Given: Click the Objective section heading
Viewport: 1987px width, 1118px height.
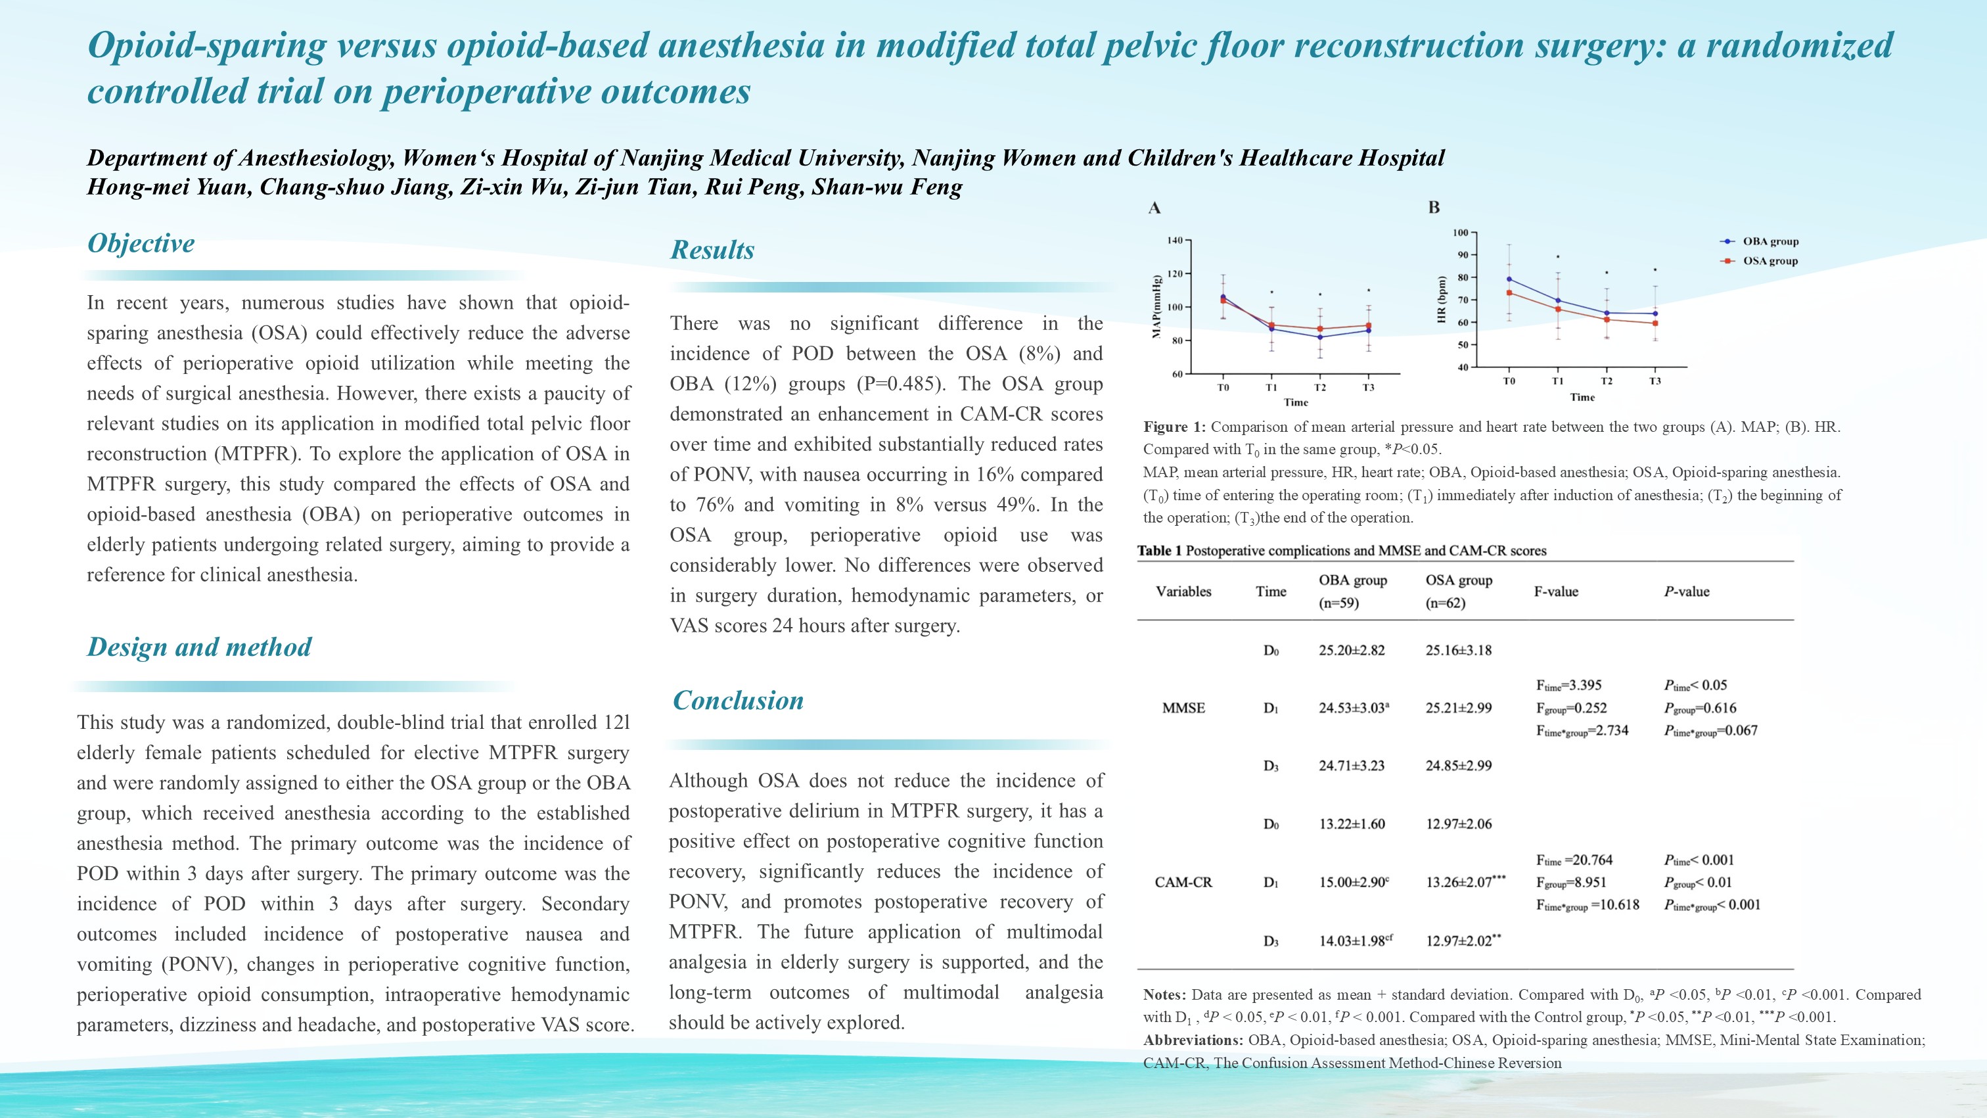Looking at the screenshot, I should pos(141,243).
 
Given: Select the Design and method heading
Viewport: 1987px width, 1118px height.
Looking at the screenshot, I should pos(199,647).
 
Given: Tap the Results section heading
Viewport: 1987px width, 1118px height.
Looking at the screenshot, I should pos(712,250).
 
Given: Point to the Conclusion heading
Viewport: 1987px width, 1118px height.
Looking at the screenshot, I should pos(737,700).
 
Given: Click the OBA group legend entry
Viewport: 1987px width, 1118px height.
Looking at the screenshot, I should pos(1770,241).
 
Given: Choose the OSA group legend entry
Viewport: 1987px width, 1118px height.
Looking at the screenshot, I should pos(1770,261).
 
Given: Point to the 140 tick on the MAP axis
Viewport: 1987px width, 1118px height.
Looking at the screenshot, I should pos(1174,241).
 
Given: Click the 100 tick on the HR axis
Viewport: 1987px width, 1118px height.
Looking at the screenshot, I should pos(1460,232).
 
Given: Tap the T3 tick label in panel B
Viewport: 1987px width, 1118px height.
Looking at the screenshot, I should pos(1655,381).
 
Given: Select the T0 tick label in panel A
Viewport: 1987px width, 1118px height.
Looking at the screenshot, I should pos(1223,387).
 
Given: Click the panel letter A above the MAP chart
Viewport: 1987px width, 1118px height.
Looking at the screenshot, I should pos(1154,208).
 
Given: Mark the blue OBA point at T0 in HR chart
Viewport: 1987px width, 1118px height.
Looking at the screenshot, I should pos(1509,279).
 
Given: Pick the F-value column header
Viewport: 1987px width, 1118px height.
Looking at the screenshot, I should pos(1556,592).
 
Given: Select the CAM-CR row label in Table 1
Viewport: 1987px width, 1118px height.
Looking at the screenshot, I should pos(1183,882).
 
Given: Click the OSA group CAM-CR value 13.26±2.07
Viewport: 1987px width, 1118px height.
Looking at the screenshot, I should pos(1459,882).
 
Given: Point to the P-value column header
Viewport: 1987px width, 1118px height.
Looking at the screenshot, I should pos(1686,592).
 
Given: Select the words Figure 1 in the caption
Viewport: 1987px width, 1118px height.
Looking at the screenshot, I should pos(1174,427).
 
